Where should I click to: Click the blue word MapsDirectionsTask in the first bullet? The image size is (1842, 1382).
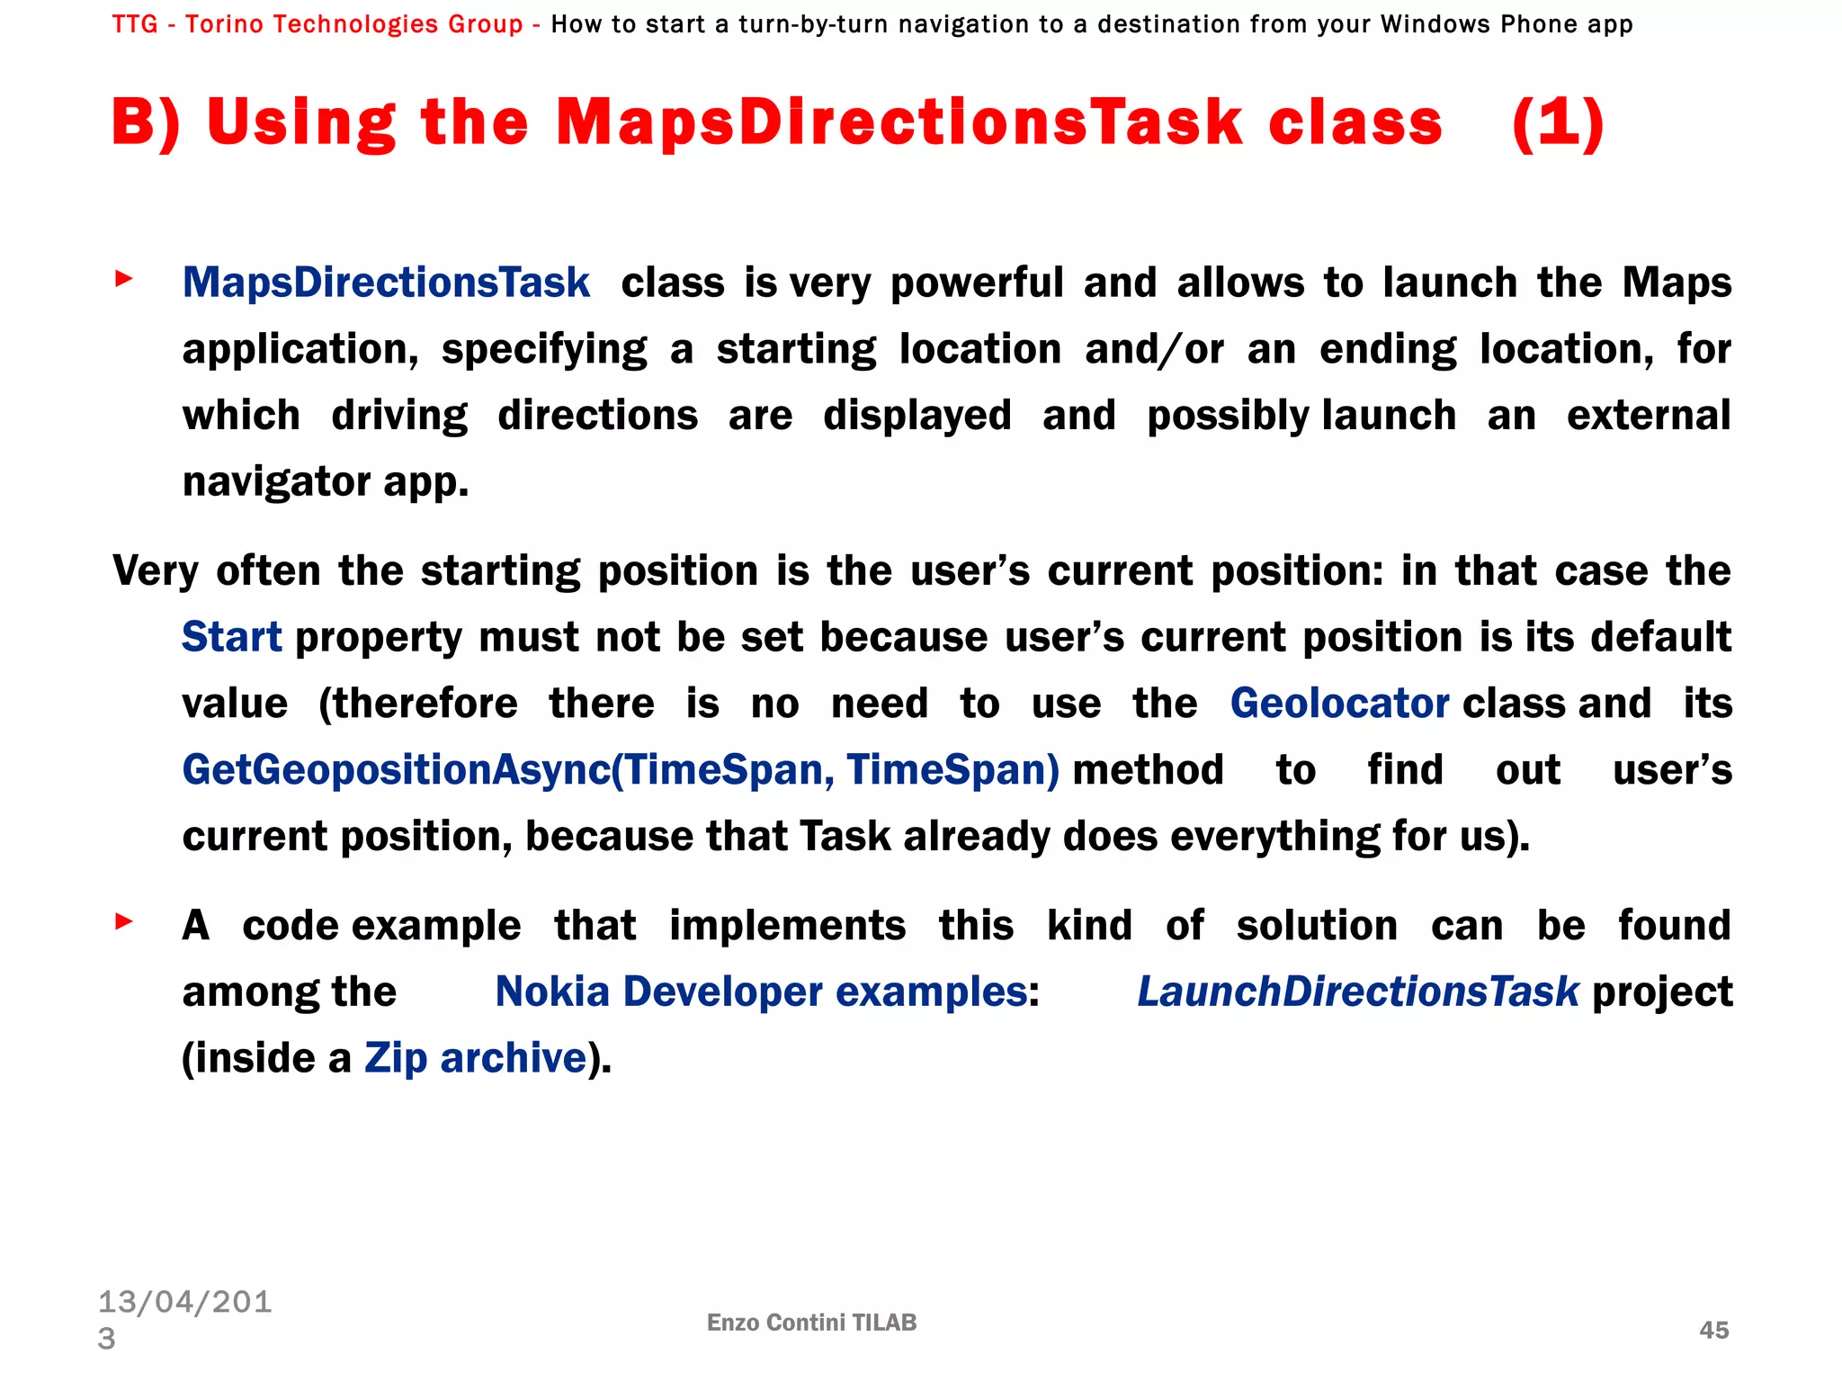coord(386,283)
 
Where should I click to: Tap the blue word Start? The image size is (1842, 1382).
coord(231,637)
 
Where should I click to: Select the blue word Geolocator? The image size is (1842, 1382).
coord(1339,704)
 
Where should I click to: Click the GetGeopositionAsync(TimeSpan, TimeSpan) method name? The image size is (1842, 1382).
coord(621,770)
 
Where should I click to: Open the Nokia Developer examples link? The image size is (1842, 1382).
coord(762,992)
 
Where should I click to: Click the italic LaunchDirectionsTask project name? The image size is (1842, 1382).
coord(1358,992)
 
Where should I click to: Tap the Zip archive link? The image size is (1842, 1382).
coord(475,1058)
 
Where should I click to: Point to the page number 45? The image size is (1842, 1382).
coord(1713,1330)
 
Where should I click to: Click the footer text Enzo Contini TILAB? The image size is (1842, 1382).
coord(811,1322)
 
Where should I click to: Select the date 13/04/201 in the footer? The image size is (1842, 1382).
coord(184,1302)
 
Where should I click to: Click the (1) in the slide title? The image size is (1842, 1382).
coord(1558,123)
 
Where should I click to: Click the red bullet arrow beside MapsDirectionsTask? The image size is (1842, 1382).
coord(124,279)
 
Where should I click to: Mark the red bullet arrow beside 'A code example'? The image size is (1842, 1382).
coord(124,921)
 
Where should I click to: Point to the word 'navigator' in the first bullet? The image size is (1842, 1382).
coord(276,483)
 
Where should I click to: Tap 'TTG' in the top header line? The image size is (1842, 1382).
coord(135,24)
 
